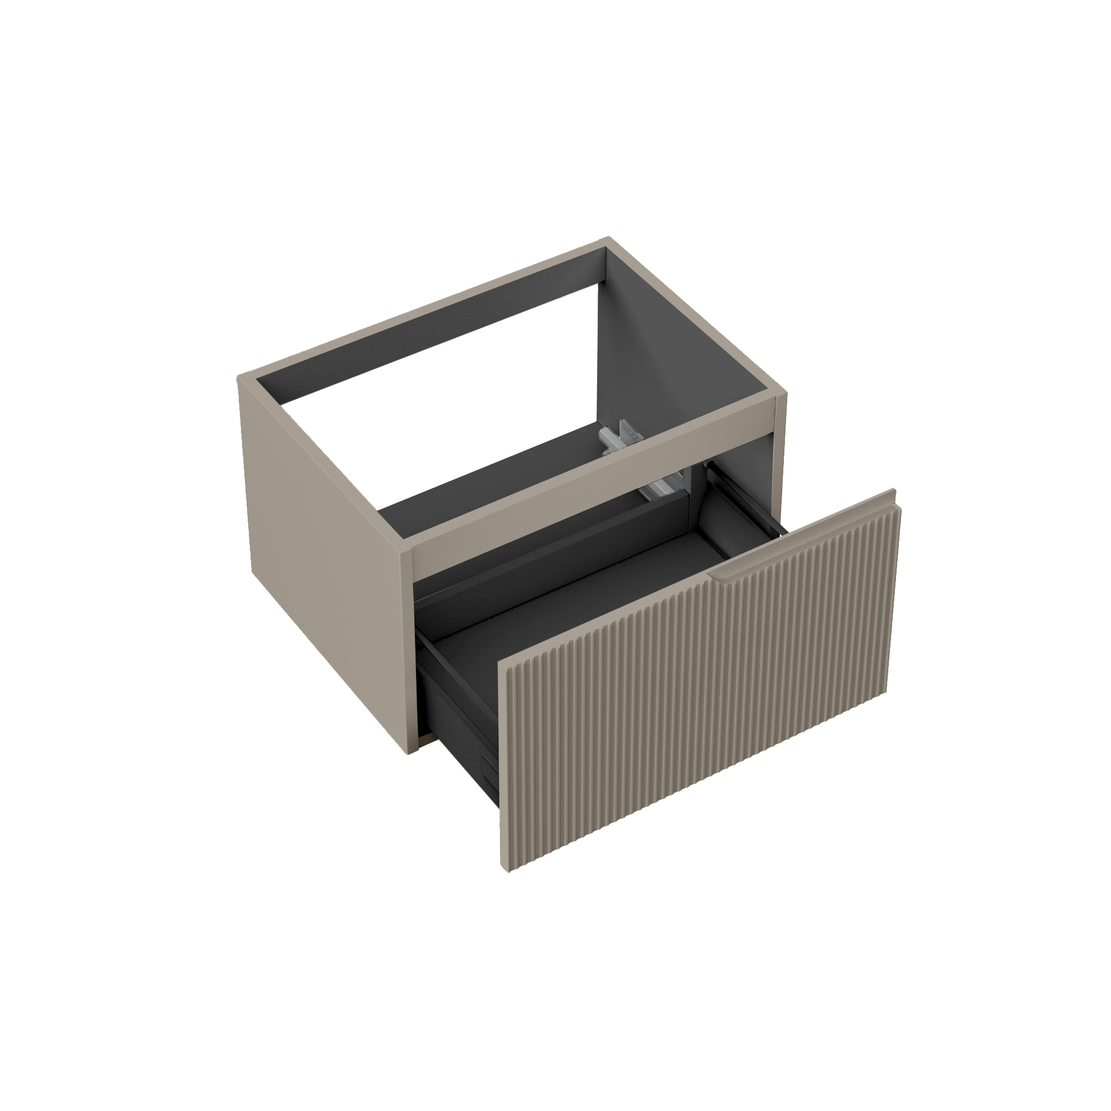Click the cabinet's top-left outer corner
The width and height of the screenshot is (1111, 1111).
pos(239,378)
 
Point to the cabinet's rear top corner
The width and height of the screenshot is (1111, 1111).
pos(608,238)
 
